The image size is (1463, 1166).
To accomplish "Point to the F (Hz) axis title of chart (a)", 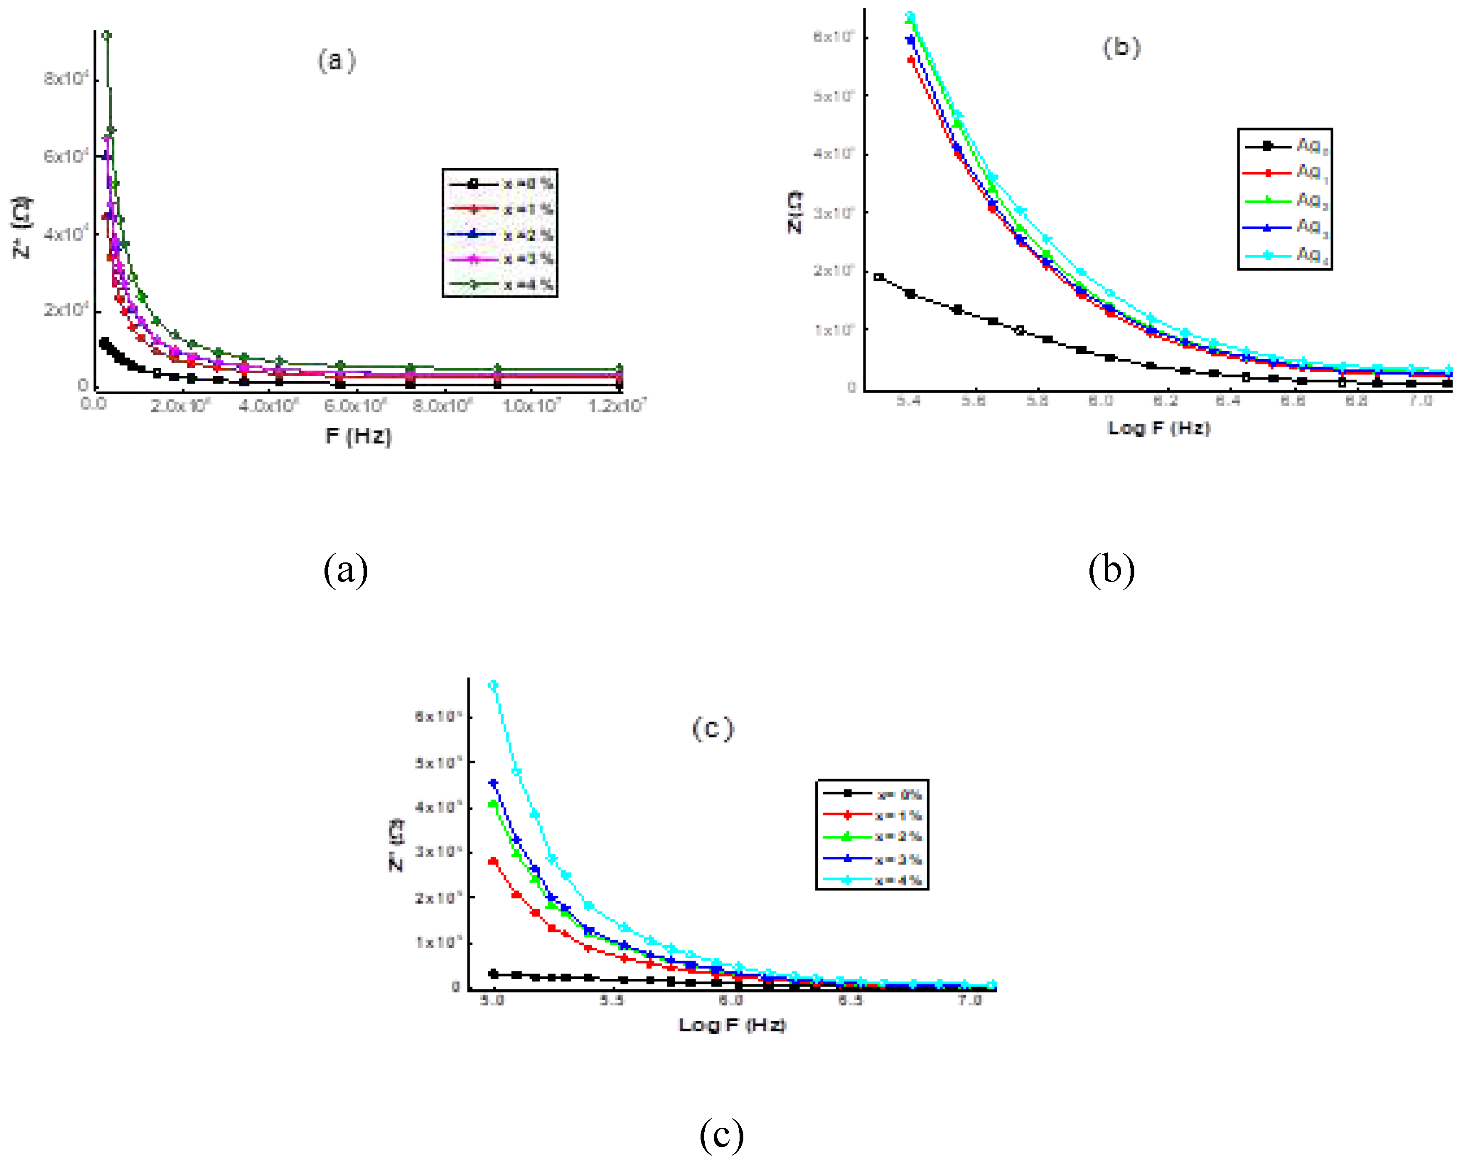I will [x=358, y=435].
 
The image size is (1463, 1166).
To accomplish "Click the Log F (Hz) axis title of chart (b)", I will [x=1158, y=428].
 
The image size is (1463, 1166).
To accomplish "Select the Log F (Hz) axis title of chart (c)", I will [x=732, y=1024].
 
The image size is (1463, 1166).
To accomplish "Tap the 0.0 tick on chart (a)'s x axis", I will [x=93, y=404].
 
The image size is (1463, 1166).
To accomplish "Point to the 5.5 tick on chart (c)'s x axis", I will [x=612, y=1001].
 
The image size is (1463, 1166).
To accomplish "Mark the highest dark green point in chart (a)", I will [x=106, y=35].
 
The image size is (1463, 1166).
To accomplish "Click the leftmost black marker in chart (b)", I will [x=879, y=277].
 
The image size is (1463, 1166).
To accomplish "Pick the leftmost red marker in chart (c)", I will [x=493, y=861].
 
